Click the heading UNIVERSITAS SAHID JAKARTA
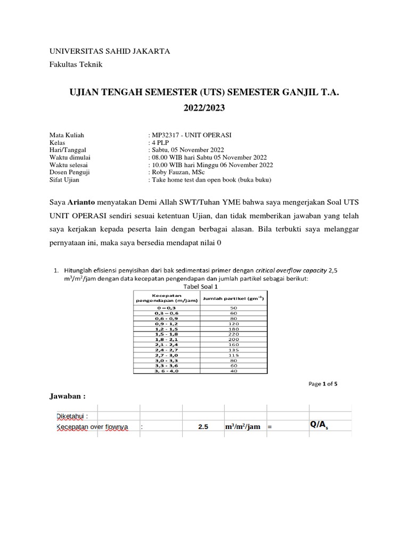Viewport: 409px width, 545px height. click(x=110, y=51)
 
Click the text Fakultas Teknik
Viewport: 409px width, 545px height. click(x=76, y=64)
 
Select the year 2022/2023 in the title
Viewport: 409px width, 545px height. click(x=204, y=108)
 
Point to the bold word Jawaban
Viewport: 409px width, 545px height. click(x=67, y=397)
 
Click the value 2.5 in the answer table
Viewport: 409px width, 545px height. click(x=203, y=427)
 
